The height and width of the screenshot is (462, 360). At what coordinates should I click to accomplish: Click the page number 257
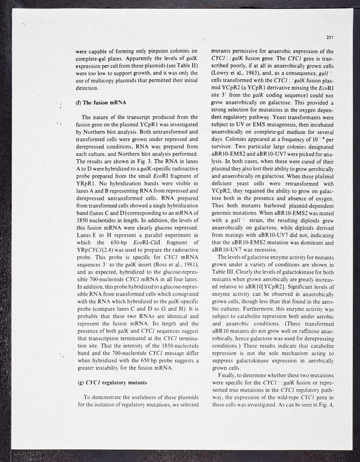[x=330, y=38]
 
